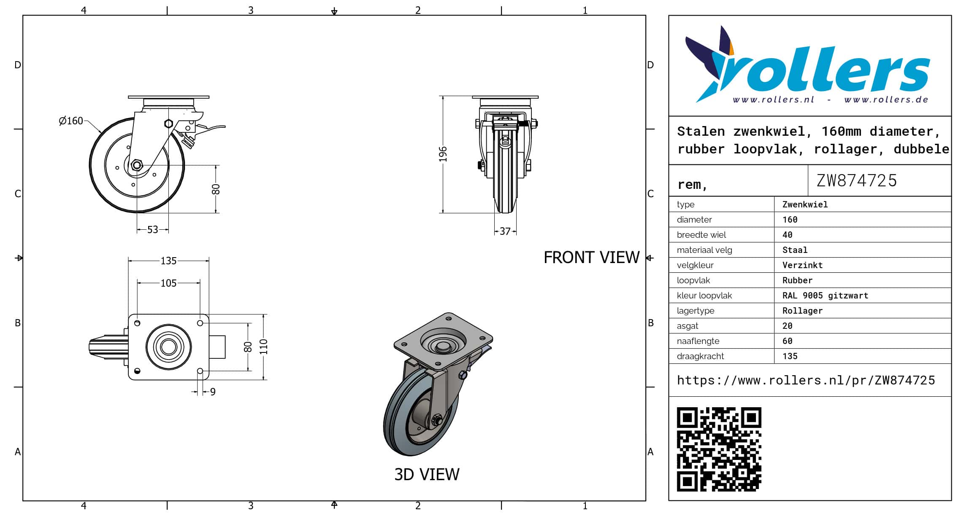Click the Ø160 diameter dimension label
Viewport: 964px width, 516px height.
[71, 121]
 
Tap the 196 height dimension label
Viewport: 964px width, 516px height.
[443, 154]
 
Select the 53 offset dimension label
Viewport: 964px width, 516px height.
[152, 230]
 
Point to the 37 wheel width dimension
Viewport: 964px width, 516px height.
[505, 231]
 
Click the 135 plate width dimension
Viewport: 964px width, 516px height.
[168, 261]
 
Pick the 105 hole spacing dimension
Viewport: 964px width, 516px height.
[168, 283]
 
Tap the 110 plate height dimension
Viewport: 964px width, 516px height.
[264, 347]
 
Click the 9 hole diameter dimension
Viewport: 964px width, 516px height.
[213, 392]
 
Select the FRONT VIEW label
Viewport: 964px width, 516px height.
[591, 258]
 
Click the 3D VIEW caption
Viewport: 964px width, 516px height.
[427, 475]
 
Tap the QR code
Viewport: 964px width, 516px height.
[719, 449]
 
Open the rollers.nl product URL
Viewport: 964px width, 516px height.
[806, 380]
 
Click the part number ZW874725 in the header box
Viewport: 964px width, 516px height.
[856, 180]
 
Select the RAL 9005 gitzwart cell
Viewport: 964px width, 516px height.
[825, 296]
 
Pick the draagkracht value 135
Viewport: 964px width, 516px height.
[790, 356]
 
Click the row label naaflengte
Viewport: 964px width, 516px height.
[698, 341]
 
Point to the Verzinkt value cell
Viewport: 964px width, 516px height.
[802, 265]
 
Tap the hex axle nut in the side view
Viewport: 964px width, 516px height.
[136, 165]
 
